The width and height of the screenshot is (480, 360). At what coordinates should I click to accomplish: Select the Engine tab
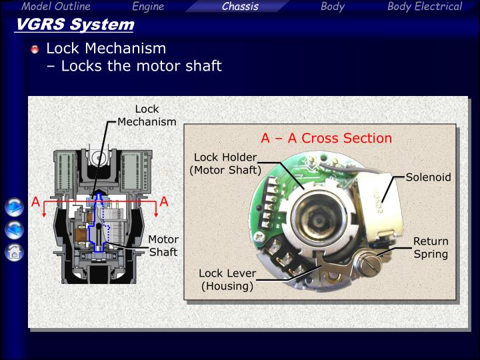click(148, 7)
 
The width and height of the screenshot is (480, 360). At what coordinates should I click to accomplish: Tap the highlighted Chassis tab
click(240, 7)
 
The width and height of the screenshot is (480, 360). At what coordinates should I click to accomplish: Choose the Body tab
click(332, 7)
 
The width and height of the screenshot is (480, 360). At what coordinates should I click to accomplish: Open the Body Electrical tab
click(424, 7)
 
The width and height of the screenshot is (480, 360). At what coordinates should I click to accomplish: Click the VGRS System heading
click(74, 25)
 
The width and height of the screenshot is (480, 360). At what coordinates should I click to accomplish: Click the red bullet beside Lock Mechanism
click(35, 49)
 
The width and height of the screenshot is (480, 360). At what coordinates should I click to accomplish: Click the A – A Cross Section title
click(326, 139)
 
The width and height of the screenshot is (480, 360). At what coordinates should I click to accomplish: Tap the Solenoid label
click(428, 177)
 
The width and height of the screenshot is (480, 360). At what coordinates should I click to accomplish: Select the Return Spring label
click(431, 247)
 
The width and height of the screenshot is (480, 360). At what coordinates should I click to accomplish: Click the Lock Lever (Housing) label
click(227, 280)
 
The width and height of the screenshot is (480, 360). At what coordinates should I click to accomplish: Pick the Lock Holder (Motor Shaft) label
click(225, 163)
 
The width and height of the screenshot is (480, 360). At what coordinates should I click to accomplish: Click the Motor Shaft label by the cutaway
click(163, 245)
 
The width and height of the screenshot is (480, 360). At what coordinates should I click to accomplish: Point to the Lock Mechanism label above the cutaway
click(147, 115)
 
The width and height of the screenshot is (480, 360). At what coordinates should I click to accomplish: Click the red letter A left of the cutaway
click(36, 201)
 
